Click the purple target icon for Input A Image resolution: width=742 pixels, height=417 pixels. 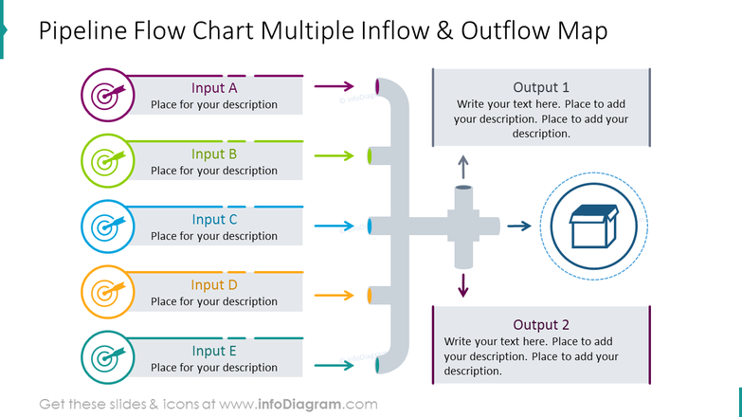[105, 96]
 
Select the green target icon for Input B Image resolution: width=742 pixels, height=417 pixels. [105, 161]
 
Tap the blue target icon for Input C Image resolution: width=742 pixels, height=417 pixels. [105, 227]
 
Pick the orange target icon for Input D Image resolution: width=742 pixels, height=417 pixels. [105, 292]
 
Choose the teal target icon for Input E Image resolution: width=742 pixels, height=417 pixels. [105, 357]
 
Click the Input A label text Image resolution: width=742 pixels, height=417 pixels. [214, 88]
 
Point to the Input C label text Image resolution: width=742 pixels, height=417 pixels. [214, 220]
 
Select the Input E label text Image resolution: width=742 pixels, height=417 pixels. [214, 351]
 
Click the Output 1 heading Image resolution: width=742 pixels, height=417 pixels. [541, 86]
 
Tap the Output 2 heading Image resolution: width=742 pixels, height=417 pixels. [541, 324]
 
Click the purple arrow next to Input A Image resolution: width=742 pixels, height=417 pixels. [335, 88]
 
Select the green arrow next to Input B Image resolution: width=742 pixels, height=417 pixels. [335, 154]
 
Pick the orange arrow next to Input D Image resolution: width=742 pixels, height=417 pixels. [335, 296]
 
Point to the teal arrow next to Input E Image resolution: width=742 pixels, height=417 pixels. [335, 365]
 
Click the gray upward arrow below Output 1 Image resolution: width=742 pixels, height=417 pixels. [462, 168]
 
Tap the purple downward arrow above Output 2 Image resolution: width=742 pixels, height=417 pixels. [462, 285]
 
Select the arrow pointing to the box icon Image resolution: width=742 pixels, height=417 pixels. [518, 227]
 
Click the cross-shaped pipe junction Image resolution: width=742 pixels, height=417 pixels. [462, 227]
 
